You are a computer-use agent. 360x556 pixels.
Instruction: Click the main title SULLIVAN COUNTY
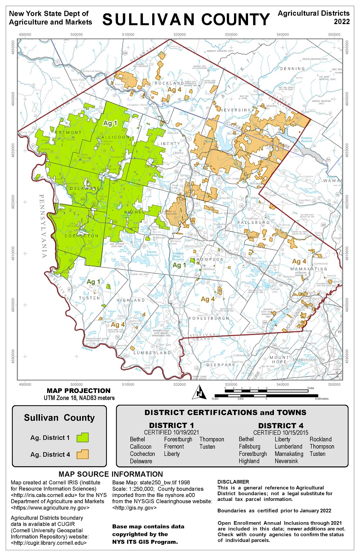186,19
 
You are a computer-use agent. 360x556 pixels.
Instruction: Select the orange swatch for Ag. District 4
82,454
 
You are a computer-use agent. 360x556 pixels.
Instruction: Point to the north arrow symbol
199,392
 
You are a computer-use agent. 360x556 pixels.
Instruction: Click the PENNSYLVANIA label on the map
43,226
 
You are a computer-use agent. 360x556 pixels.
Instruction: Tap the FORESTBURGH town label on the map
209,318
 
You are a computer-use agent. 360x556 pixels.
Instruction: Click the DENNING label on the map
292,69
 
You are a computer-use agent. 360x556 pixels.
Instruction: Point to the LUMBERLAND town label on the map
152,353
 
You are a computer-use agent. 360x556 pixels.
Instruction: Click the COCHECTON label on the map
81,236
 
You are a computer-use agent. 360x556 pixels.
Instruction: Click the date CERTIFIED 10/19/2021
171,432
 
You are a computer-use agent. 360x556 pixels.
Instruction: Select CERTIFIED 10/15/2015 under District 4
281,433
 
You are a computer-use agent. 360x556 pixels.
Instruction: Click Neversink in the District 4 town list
286,461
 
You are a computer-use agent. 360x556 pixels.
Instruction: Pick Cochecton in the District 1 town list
142,454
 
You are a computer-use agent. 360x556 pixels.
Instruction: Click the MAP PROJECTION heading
78,391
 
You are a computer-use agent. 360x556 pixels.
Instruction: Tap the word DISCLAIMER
233,482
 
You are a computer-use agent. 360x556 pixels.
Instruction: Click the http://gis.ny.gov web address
134,508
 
